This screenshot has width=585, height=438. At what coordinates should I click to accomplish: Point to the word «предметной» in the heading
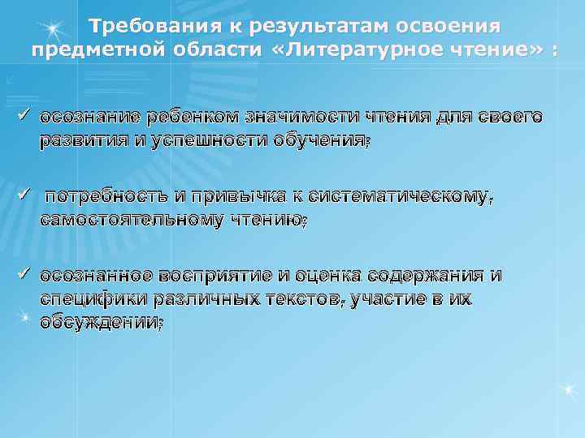pos(91,49)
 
